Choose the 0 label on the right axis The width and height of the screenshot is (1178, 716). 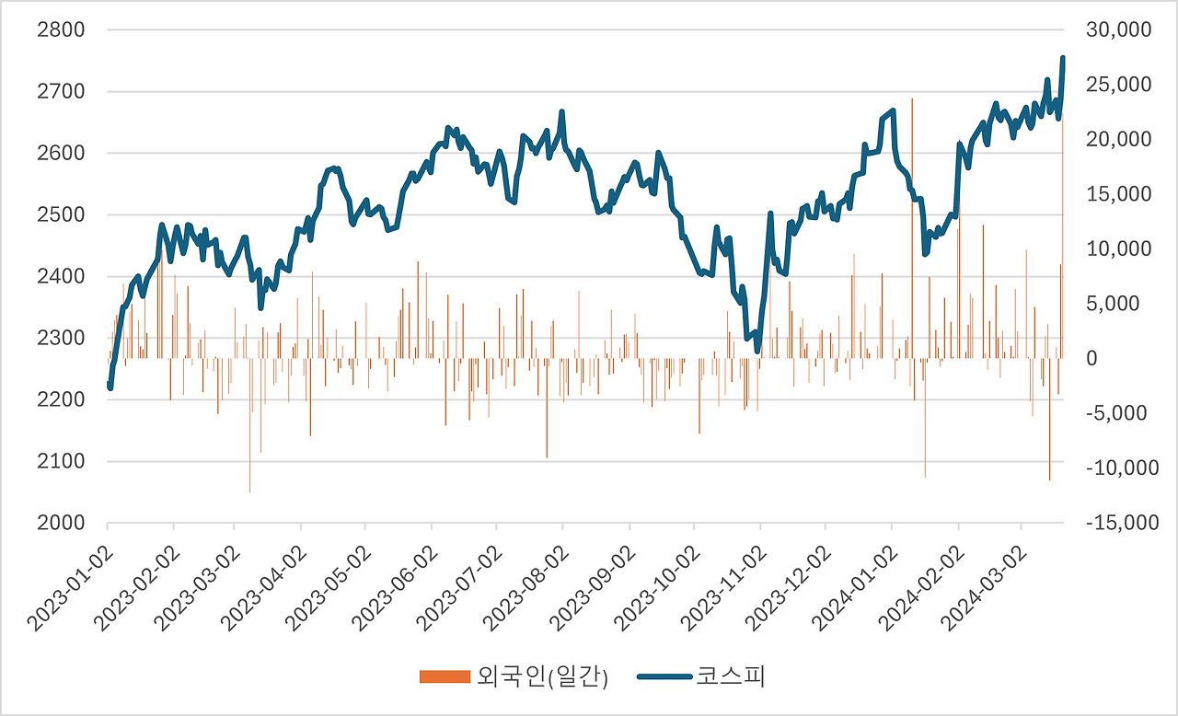1092,358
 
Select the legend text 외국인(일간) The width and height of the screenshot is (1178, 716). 541,677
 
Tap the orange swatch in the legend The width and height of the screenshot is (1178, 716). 444,677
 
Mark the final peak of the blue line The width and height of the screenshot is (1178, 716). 1063,58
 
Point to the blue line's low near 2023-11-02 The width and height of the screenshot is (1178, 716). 757,351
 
